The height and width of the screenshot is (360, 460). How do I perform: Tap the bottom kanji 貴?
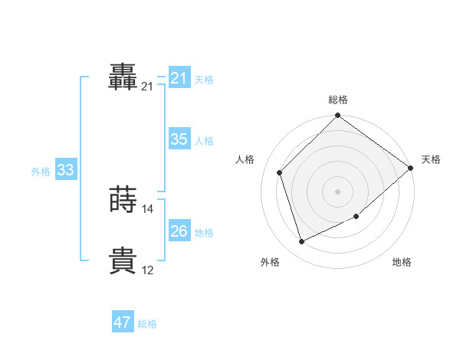click(x=123, y=260)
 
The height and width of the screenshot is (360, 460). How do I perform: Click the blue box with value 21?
click(x=179, y=78)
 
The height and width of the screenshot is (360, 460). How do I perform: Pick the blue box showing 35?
click(x=179, y=139)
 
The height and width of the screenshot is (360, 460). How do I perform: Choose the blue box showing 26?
click(x=179, y=231)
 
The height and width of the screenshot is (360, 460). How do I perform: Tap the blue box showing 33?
click(x=65, y=170)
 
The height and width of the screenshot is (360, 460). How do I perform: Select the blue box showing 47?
click(x=123, y=322)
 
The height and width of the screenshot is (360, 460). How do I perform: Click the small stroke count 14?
click(x=148, y=209)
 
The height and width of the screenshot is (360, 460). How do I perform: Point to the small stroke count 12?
click(x=148, y=270)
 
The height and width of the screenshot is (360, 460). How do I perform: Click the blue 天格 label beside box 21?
click(x=204, y=79)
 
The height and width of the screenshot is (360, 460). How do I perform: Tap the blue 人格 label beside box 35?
click(x=204, y=141)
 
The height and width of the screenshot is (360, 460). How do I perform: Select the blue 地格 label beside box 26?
click(x=204, y=233)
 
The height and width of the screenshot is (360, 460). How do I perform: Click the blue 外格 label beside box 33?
click(x=41, y=172)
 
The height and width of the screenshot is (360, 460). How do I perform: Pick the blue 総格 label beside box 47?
click(x=147, y=324)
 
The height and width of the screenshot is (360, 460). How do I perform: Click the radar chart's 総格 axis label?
click(x=338, y=100)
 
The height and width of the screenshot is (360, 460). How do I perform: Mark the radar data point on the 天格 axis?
click(x=410, y=168)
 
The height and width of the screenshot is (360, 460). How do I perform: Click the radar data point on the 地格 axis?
click(x=357, y=217)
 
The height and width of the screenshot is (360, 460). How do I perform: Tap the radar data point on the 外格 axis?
click(x=302, y=241)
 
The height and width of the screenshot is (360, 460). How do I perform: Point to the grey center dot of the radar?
click(x=338, y=191)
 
